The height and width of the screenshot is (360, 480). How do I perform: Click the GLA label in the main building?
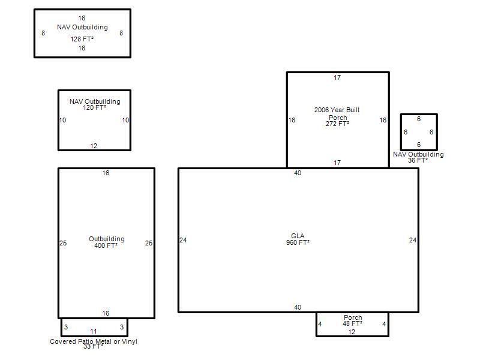pos(298,236)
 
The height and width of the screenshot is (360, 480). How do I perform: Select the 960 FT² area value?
pos(298,242)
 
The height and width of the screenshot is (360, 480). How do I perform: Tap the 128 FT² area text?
pos(82,39)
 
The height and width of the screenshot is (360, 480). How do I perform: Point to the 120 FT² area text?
pos(95,107)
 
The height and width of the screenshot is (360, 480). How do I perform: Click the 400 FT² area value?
pos(106,245)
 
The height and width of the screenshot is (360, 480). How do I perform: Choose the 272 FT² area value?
pos(337,124)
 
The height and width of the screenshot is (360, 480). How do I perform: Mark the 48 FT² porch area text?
pos(352,323)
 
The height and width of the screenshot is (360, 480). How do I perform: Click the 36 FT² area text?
pos(418,160)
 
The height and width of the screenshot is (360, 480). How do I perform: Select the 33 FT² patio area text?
pos(94,347)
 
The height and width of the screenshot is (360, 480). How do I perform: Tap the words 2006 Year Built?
pos(337,110)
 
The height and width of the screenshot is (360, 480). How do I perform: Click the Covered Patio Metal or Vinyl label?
pos(94,341)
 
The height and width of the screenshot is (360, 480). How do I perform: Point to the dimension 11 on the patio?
pos(94,331)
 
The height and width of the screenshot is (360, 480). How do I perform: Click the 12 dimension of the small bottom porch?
pos(352,332)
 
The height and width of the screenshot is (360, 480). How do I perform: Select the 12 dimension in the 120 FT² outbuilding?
pos(94,146)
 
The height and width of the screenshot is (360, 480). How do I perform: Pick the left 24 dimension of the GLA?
pos(183,240)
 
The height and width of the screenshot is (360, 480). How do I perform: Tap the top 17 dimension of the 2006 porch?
pos(337,77)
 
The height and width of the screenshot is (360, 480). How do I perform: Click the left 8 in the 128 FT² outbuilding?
pos(43,33)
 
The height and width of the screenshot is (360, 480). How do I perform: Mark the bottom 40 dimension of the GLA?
pos(298,307)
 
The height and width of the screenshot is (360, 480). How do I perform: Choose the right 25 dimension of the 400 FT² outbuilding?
pos(148,243)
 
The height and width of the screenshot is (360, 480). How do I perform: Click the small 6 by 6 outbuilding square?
pos(419,115)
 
